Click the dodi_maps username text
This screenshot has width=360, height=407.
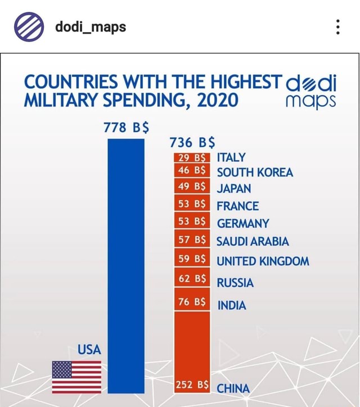90,26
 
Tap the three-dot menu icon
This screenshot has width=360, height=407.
337,26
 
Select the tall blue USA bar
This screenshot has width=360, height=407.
126,264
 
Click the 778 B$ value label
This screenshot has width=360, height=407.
126,126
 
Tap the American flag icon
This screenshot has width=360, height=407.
76,377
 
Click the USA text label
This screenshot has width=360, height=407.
89,350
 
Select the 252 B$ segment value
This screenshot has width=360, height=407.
192,385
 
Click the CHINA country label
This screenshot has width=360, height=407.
233,388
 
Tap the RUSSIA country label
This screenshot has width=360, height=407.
235,283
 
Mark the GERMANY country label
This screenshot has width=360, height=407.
242,224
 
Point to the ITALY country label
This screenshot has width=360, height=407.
231,157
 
